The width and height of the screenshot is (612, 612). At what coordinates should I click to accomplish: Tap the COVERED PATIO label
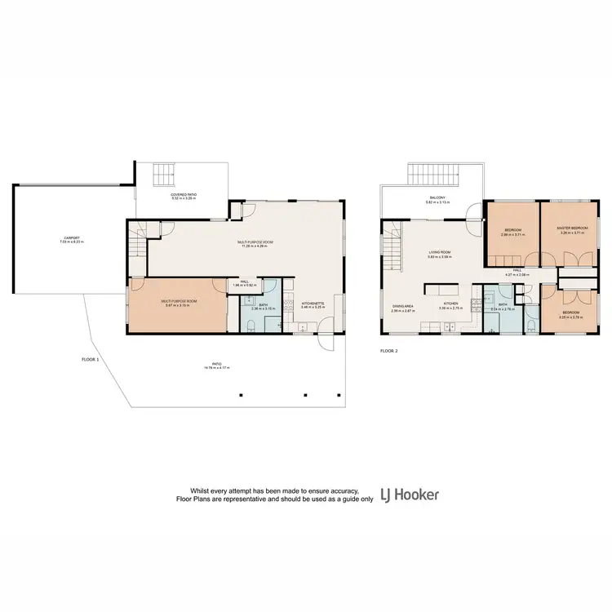tap(184, 194)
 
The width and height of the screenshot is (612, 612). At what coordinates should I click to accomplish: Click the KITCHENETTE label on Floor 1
tap(313, 303)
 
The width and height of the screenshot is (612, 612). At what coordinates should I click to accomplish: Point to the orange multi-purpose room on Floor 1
tap(176, 306)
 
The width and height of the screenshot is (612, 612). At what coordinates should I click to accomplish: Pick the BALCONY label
tap(437, 198)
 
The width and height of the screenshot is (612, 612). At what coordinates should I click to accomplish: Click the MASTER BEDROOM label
tap(572, 228)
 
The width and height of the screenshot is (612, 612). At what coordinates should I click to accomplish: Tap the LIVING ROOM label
tap(441, 253)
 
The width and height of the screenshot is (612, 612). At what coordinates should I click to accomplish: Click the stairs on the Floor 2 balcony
tap(435, 175)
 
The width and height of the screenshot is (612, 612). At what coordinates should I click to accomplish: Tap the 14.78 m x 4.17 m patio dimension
tap(217, 369)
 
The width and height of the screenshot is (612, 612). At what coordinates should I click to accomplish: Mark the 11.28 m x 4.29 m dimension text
tap(254, 246)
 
